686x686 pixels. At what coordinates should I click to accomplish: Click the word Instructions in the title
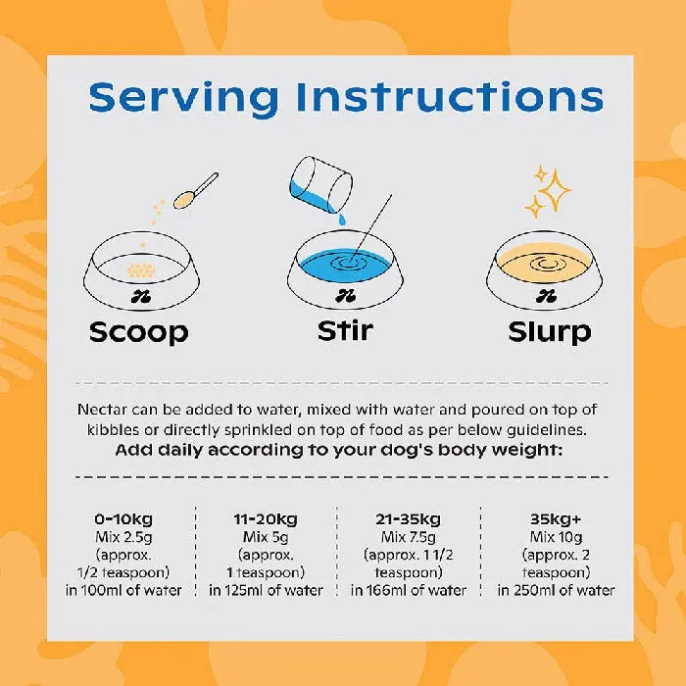coord(450,96)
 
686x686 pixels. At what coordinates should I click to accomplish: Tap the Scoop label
coord(139,332)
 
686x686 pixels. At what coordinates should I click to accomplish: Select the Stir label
coord(345,330)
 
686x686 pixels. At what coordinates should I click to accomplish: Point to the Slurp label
coord(550,332)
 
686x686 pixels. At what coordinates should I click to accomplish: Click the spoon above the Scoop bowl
coord(196,191)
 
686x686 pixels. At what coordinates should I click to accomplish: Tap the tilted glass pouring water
coord(321,184)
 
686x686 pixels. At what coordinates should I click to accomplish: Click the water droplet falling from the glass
coord(341,220)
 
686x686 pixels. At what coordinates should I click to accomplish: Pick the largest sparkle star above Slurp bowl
coord(555,191)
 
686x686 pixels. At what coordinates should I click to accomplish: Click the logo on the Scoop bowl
coord(141,297)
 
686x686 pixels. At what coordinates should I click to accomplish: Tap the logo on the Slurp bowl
coord(546,296)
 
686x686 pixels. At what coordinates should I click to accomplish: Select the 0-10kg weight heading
coord(123,519)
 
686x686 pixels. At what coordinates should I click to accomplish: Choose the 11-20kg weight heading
coord(266,519)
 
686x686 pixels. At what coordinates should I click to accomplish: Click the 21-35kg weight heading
coord(409,519)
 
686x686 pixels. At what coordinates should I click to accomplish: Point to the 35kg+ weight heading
coord(556,518)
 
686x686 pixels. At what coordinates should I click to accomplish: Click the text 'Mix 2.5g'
coord(123,537)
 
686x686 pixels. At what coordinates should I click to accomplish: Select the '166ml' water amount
coord(386,590)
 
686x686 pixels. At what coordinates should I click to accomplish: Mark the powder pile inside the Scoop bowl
coord(141,270)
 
